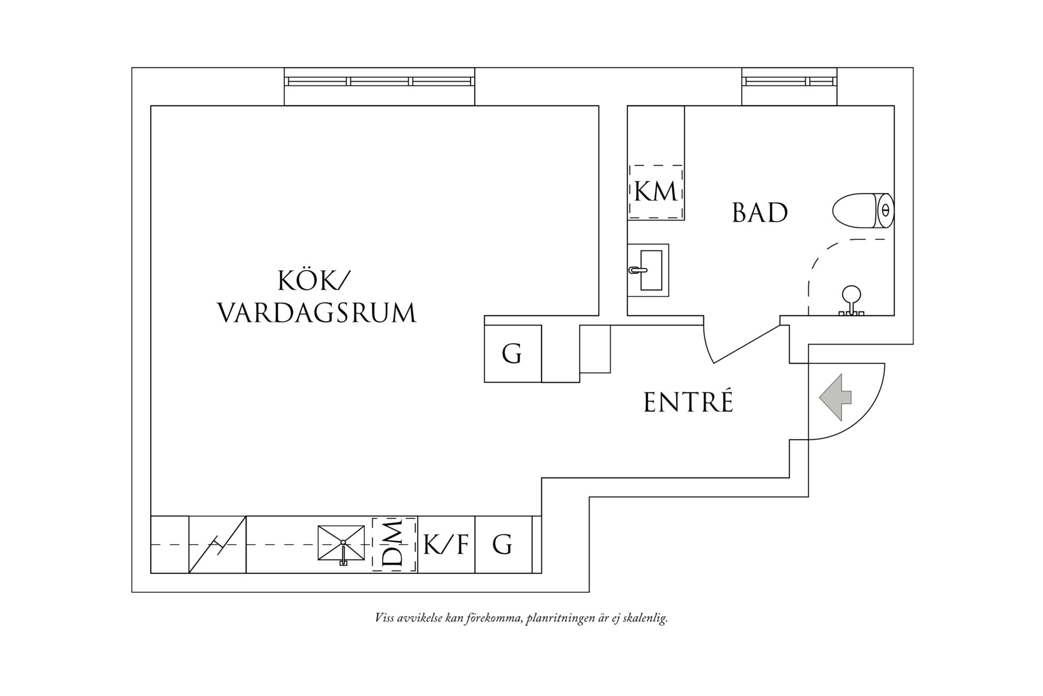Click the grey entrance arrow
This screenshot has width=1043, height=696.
(834, 397)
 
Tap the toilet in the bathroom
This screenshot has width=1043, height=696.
(862, 211)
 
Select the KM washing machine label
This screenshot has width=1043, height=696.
(656, 192)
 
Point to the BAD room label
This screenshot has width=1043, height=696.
(759, 213)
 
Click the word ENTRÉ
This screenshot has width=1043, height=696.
(688, 403)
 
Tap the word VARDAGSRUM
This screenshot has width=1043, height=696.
(317, 313)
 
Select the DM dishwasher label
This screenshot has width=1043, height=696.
(394, 545)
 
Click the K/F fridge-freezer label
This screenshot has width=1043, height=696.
(446, 545)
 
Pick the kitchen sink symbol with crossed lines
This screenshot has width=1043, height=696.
(341, 543)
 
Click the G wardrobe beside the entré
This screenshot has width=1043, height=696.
(512, 354)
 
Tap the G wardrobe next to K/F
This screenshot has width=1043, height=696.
(502, 545)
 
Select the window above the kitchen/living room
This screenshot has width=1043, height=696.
(379, 82)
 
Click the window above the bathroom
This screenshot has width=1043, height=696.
(789, 81)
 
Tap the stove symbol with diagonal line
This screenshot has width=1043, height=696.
(217, 545)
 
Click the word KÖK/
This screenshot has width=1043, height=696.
(312, 281)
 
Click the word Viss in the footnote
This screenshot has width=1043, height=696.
(384, 618)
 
